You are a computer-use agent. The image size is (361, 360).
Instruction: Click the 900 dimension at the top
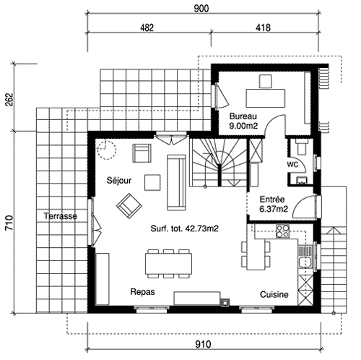[201, 9]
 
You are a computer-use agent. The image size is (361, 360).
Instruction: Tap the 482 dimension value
[147, 27]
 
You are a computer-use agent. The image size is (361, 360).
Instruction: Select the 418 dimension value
[263, 27]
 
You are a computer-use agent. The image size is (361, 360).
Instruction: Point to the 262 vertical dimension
[9, 99]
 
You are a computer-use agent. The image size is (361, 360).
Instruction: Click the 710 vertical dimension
[9, 223]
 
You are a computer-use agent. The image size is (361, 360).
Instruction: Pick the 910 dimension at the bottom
[203, 344]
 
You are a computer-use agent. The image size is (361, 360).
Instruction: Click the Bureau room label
[243, 116]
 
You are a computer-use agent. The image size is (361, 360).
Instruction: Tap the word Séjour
[119, 180]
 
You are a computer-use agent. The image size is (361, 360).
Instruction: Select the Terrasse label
[61, 215]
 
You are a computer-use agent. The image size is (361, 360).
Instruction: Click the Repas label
[142, 292]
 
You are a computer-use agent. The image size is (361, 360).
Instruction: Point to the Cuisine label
[274, 294]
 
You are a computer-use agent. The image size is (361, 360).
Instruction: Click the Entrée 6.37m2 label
[273, 204]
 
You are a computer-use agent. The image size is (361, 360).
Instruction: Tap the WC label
[292, 164]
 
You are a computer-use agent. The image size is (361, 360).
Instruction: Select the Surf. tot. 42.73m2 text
[184, 228]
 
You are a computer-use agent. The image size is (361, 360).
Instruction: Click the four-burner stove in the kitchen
[282, 231]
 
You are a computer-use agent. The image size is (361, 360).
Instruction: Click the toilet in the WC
[302, 147]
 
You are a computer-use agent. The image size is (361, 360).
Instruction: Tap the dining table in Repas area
[168, 264]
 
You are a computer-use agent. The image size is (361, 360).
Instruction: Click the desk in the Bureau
[266, 98]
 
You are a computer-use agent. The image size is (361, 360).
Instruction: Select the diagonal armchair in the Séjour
[129, 206]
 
